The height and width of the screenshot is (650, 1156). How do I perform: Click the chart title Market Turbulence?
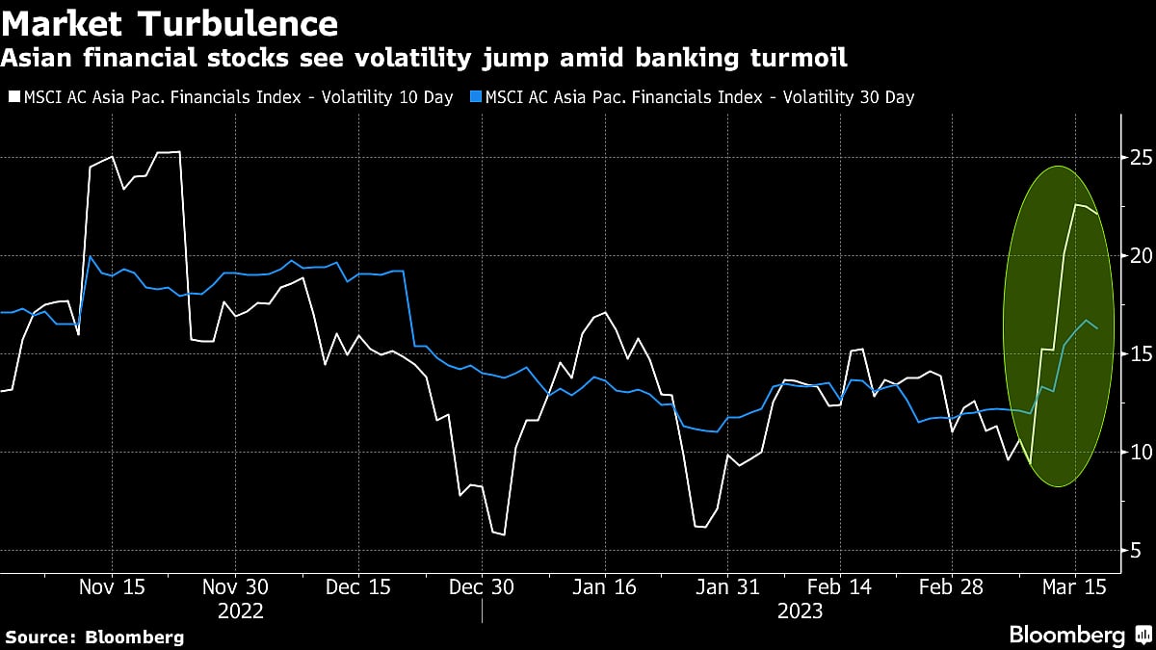tap(171, 22)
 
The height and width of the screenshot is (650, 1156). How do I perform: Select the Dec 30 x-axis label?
tap(483, 587)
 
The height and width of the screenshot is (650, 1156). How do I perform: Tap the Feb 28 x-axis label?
tap(951, 587)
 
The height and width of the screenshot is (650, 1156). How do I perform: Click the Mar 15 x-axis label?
tap(1076, 587)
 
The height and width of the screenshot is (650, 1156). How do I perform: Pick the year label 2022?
tap(240, 611)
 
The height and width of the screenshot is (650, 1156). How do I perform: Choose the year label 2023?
tap(801, 611)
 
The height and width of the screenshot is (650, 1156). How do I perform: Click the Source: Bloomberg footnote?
tap(93, 637)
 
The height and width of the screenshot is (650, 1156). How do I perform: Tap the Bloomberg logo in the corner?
tap(1066, 635)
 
